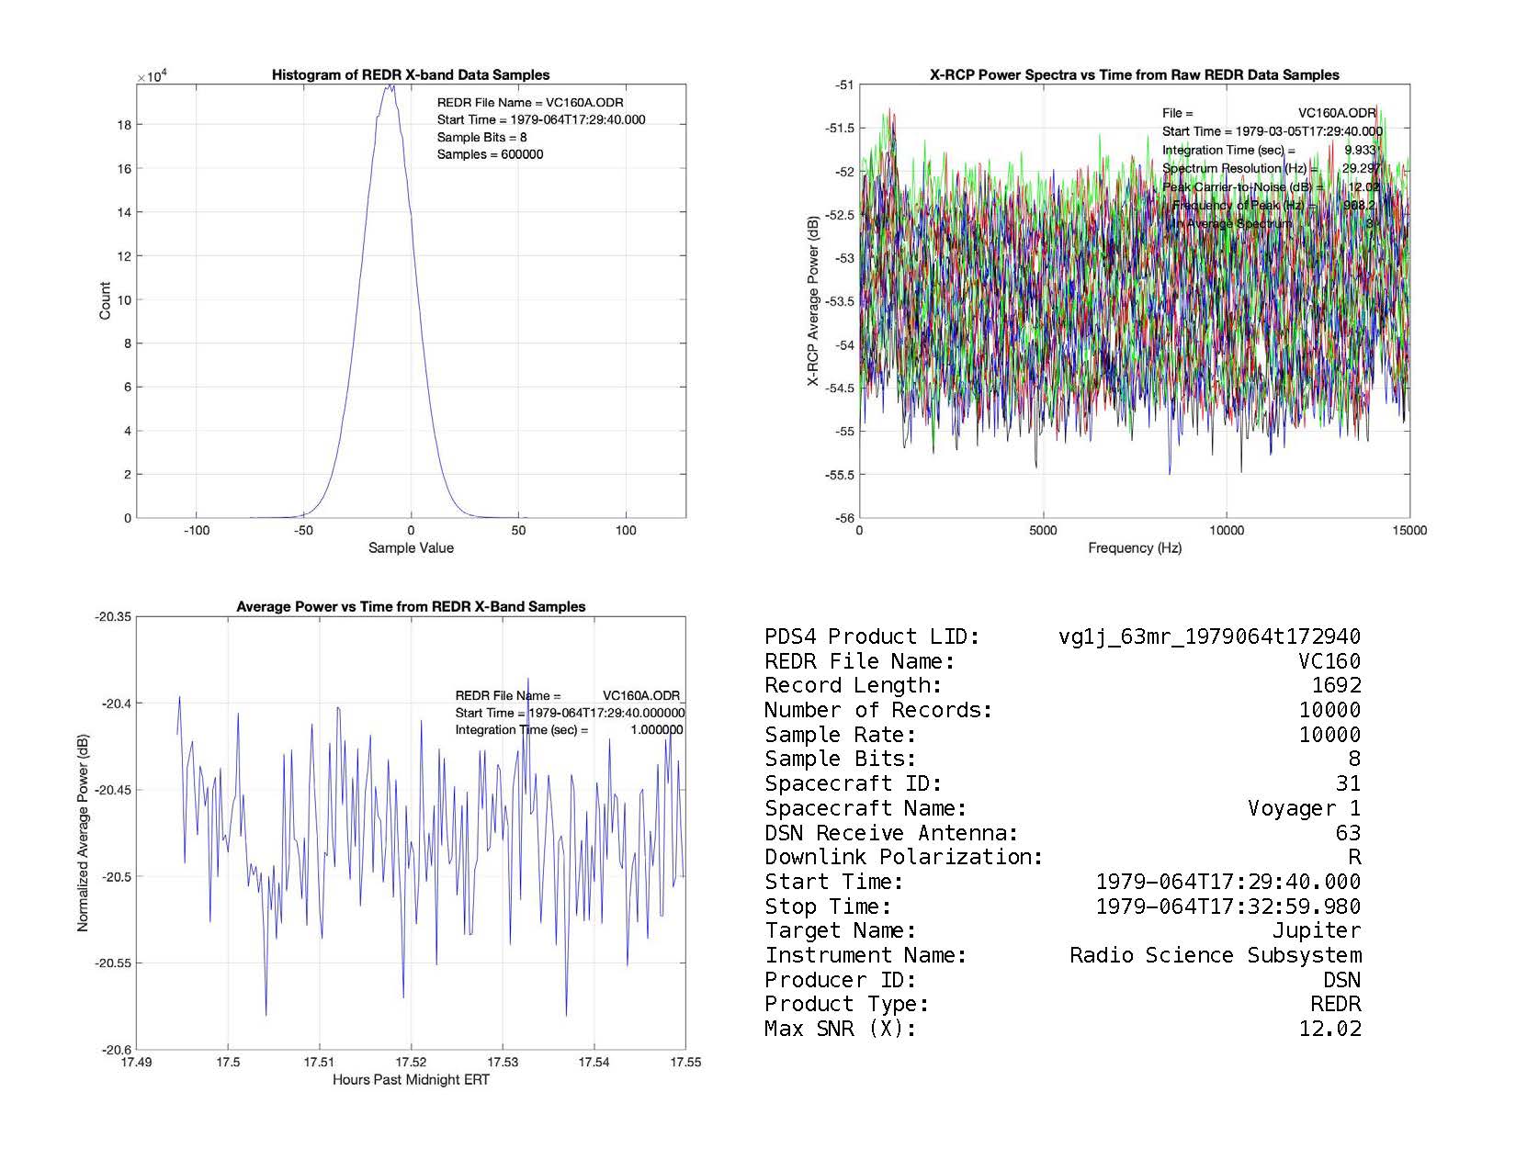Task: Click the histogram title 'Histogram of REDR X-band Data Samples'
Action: point(410,75)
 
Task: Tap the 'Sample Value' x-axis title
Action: point(411,548)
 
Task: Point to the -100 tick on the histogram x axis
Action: point(196,531)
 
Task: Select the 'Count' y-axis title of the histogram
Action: point(105,301)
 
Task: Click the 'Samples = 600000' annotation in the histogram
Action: point(490,154)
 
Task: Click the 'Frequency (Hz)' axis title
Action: point(1135,548)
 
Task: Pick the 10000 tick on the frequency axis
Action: point(1227,531)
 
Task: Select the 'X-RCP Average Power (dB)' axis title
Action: point(813,301)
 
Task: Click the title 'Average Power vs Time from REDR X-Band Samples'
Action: point(411,607)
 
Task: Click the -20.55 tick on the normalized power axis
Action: point(114,963)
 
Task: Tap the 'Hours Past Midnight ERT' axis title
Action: point(411,1080)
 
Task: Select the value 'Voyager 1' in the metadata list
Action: point(1304,808)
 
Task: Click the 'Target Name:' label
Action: point(840,931)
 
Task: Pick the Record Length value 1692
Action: point(1336,686)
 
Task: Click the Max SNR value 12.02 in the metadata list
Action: point(1329,1029)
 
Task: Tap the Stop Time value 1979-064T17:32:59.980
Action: point(1228,906)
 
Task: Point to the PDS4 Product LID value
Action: point(1209,637)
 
